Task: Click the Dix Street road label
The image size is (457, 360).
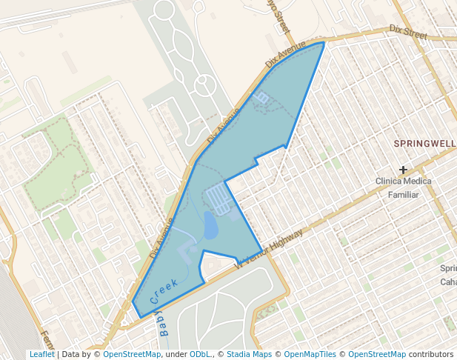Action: coord(409,32)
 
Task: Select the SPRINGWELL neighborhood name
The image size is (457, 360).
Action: coord(424,143)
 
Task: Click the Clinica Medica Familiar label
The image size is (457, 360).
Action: coord(403,187)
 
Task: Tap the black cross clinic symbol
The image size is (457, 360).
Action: coord(403,170)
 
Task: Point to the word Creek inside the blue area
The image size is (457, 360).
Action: coord(164,290)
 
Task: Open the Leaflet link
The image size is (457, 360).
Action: coord(42,354)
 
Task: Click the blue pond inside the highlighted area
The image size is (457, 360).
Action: coord(210,224)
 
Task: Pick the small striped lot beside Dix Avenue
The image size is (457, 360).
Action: coord(262,96)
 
